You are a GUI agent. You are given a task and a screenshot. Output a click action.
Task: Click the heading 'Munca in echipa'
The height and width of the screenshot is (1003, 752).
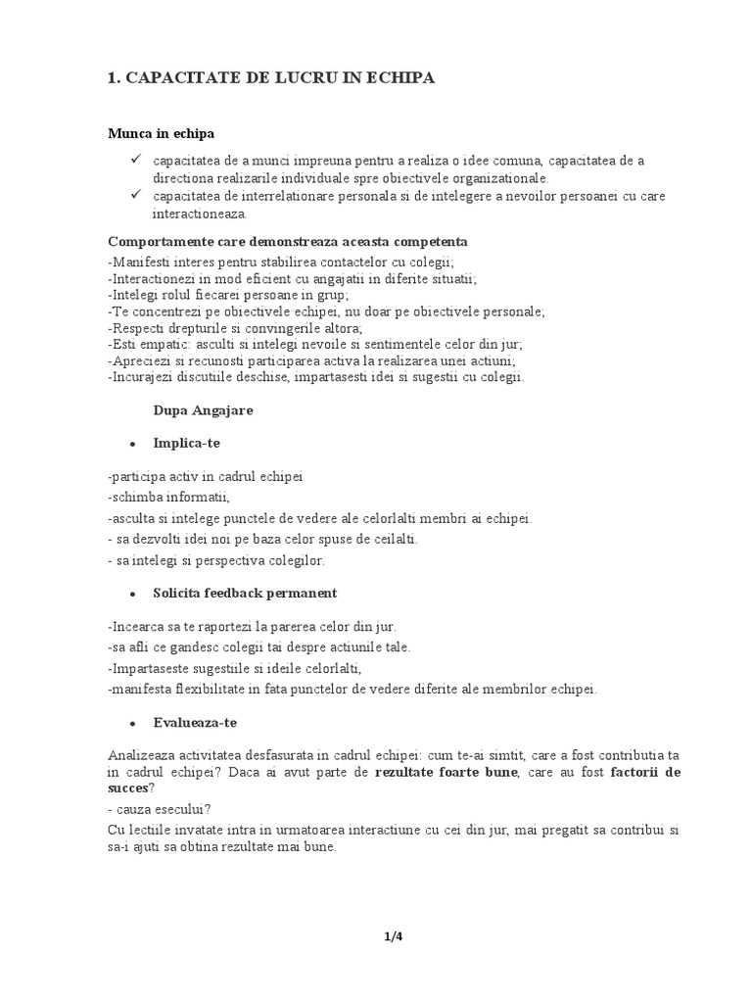click(x=161, y=132)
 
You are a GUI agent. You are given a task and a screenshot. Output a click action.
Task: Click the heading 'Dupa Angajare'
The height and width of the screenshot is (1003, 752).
click(x=203, y=410)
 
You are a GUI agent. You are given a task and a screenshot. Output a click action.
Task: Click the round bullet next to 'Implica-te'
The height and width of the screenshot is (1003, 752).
click(x=131, y=444)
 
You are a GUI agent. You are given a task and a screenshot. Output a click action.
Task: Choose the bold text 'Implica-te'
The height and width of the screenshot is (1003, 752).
click(x=187, y=443)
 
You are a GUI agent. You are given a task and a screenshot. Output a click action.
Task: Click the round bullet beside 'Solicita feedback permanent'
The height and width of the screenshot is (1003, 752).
click(x=131, y=594)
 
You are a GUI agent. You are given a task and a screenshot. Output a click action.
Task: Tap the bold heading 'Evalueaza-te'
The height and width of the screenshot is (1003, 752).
click(x=195, y=722)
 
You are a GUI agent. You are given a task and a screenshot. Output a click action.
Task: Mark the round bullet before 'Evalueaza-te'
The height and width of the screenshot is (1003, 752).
click(x=131, y=723)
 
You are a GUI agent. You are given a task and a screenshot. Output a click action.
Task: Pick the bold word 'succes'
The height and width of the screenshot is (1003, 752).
click(x=127, y=788)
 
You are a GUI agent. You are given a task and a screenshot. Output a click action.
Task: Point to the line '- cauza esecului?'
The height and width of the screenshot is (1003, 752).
click(x=160, y=808)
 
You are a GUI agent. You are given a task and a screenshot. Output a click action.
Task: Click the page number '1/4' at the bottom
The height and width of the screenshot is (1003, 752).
click(x=394, y=936)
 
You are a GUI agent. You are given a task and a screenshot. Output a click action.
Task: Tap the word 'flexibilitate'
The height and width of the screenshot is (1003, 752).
click(x=216, y=689)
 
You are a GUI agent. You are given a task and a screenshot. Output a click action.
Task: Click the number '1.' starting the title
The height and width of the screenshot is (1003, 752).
click(x=113, y=77)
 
